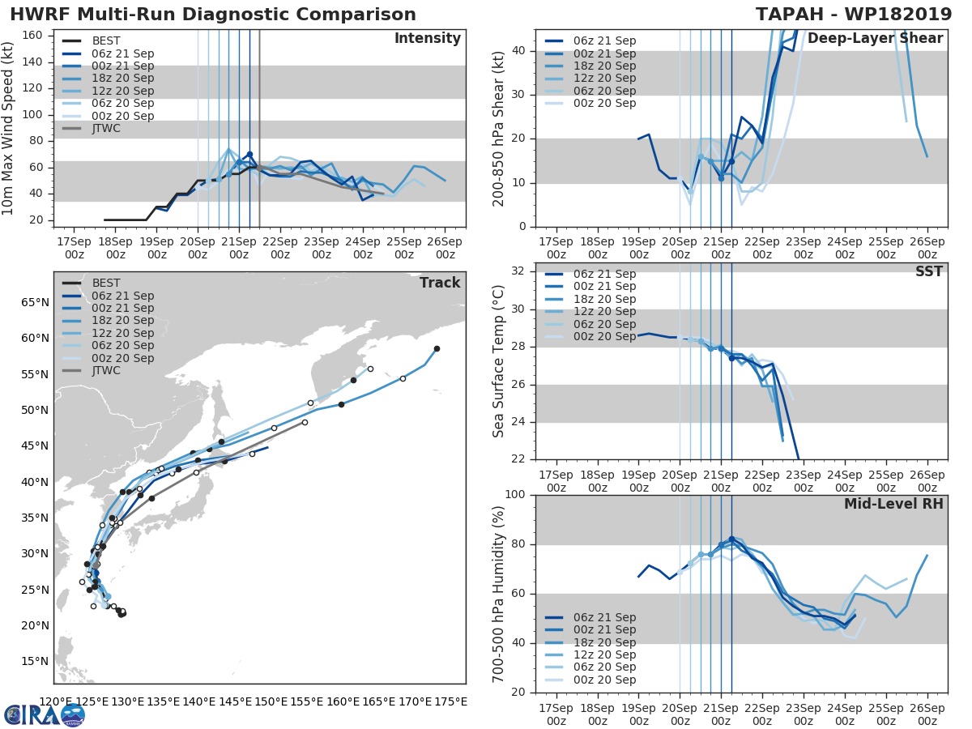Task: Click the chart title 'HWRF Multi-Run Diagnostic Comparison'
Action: pos(213,15)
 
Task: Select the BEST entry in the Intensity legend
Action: pos(105,40)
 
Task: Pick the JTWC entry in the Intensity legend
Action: pos(106,128)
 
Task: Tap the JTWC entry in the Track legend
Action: pos(106,370)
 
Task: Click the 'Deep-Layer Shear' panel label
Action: pos(875,39)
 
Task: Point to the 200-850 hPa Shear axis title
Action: pos(499,129)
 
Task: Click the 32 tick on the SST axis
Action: pos(518,271)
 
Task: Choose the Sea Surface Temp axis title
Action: pos(499,361)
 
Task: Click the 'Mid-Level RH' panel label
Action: pos(893,505)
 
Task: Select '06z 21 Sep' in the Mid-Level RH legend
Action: pos(604,617)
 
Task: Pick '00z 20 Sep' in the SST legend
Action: pos(604,336)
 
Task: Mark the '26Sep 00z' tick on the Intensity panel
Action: pos(445,248)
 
